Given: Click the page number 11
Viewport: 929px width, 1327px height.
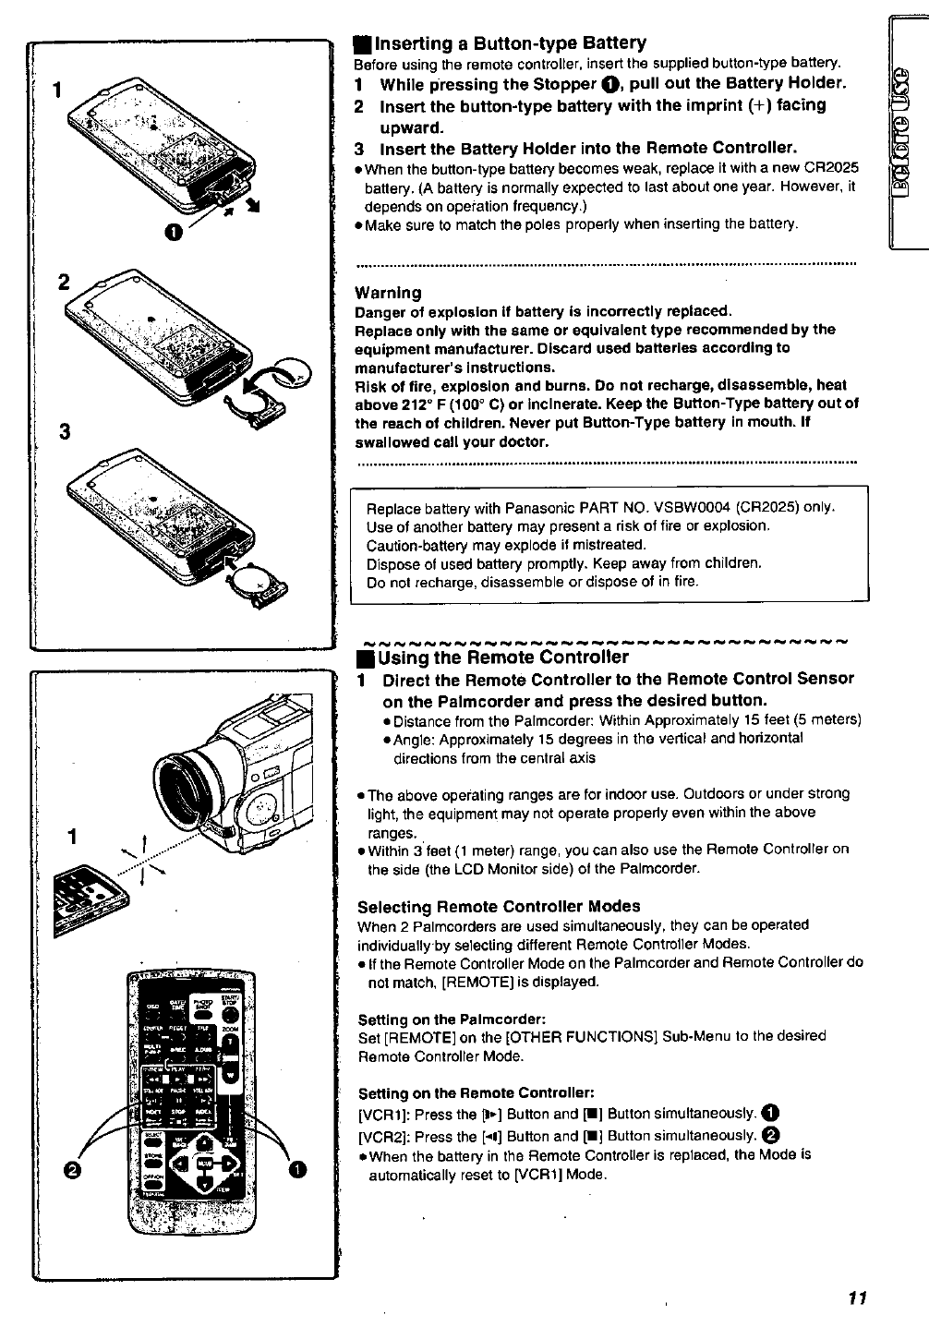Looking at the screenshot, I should [x=855, y=1297].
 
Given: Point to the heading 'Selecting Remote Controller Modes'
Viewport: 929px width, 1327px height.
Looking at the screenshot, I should [x=499, y=906].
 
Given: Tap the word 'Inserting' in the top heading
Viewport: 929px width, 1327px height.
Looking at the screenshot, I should [x=414, y=43].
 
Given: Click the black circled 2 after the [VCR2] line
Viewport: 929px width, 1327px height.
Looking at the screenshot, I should [x=775, y=1136].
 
